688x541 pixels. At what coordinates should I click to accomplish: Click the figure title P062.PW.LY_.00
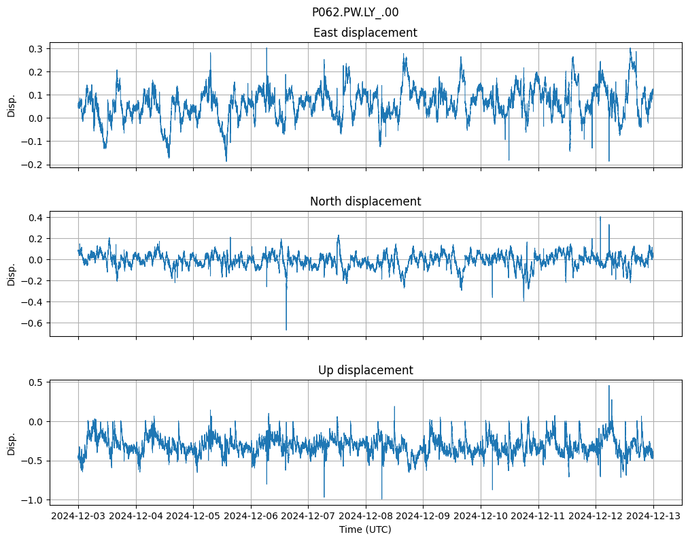pos(355,12)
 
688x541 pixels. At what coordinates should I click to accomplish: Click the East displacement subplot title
pos(365,33)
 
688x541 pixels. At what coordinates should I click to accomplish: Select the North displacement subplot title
pos(365,201)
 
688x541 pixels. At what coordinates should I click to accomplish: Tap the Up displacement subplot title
pos(365,370)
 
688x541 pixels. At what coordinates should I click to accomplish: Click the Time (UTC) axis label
pos(365,529)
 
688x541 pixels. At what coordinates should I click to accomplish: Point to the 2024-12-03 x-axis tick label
pos(78,516)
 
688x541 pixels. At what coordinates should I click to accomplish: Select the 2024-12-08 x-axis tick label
pos(366,516)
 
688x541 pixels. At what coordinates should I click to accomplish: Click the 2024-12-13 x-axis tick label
pos(653,516)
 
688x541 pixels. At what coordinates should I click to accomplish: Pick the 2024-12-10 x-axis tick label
pos(481,516)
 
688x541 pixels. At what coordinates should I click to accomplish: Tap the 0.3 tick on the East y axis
pos(35,49)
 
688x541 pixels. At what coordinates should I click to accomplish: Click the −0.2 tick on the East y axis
pos(33,165)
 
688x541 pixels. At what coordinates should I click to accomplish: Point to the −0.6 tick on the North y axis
pos(33,323)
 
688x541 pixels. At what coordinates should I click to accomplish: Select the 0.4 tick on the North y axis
pos(35,218)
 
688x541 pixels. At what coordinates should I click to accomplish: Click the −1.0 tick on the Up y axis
pos(33,500)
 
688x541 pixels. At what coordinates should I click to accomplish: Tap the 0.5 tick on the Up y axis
pos(35,382)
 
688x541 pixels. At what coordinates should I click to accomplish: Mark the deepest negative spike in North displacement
pos(286,329)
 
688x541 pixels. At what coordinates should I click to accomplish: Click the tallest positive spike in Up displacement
pos(608,386)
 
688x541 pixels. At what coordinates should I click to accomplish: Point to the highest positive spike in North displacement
pos(600,217)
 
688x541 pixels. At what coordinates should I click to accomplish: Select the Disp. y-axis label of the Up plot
pos(11,443)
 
